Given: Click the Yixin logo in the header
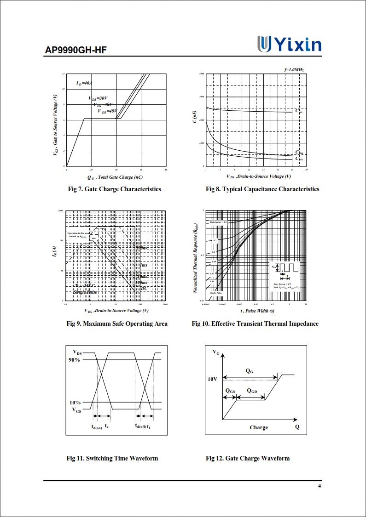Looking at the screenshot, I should pos(289,45).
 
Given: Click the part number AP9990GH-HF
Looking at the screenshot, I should pos(76,50).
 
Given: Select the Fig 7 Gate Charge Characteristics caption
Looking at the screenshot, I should pos(114,189).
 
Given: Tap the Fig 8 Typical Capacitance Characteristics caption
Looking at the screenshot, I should pos(262,189).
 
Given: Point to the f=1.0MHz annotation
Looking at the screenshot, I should pos(294,69).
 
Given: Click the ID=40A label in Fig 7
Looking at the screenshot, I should pos(84,83).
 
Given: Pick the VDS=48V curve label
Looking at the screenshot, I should pos(107,111).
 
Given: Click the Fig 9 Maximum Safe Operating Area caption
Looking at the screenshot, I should pos(117,324).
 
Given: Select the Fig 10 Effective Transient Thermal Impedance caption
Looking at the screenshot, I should pos(255,324).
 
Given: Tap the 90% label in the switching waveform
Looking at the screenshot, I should pos(75,360).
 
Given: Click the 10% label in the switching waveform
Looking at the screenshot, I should pos(75,402).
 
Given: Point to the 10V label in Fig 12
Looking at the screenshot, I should pos(212,380).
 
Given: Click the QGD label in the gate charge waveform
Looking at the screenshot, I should pos(252,391).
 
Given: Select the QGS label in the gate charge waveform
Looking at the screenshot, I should pos(230,391).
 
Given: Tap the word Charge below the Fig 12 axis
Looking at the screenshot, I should pos(259,427).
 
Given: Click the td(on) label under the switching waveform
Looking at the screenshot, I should pos(97,427).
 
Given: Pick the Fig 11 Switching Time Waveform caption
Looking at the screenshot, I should pos(112,458).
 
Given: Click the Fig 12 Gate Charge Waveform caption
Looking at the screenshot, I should pos(248,458).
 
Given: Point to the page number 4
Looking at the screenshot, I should pos(320,487).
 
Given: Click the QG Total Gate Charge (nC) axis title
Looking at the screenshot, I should pos(115,177).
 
